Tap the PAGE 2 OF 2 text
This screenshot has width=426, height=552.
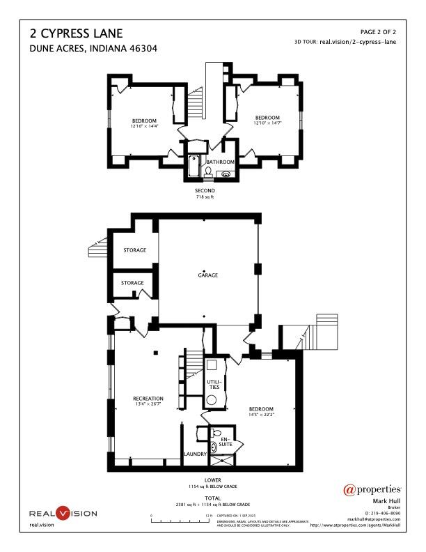pos(378,32)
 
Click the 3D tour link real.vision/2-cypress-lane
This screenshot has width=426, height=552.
pos(357,42)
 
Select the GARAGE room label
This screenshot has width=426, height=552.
pos(207,275)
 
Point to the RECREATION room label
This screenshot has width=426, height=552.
pos(148,399)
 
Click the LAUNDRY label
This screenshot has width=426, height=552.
pos(194,454)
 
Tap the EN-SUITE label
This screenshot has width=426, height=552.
pos(225,441)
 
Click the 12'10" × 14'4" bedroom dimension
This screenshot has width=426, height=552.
pos(145,126)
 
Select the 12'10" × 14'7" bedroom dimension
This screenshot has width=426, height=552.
pos(267,122)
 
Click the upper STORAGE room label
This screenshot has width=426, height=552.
pos(134,250)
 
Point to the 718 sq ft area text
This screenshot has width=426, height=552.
pos(205,197)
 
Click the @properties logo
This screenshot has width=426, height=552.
pos(373,489)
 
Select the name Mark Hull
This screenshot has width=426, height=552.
pos(385,501)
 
